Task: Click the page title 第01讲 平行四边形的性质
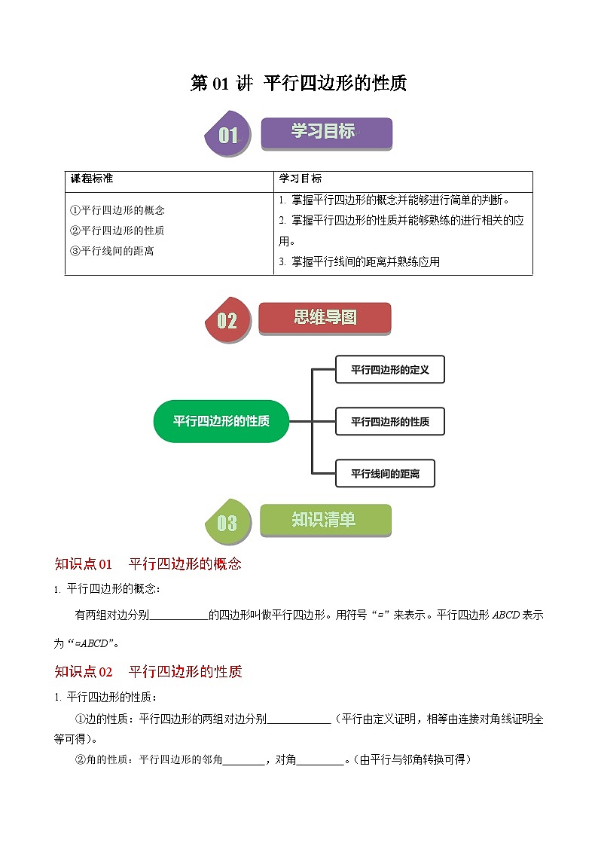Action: click(298, 84)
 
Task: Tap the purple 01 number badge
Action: click(227, 136)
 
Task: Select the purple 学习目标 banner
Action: click(326, 133)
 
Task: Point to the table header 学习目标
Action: click(301, 179)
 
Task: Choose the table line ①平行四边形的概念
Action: click(117, 211)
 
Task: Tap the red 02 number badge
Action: click(227, 321)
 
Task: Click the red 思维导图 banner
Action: click(325, 318)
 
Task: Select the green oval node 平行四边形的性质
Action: click(221, 421)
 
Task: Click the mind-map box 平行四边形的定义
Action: click(389, 370)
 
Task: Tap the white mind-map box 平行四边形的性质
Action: click(389, 422)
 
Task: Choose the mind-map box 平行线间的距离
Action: click(385, 474)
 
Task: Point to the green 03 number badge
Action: click(227, 522)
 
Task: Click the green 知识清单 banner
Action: click(325, 520)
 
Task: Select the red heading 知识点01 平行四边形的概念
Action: click(148, 564)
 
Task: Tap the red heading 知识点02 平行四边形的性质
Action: click(148, 671)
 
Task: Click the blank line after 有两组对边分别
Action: click(179, 615)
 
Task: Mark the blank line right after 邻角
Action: click(244, 760)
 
